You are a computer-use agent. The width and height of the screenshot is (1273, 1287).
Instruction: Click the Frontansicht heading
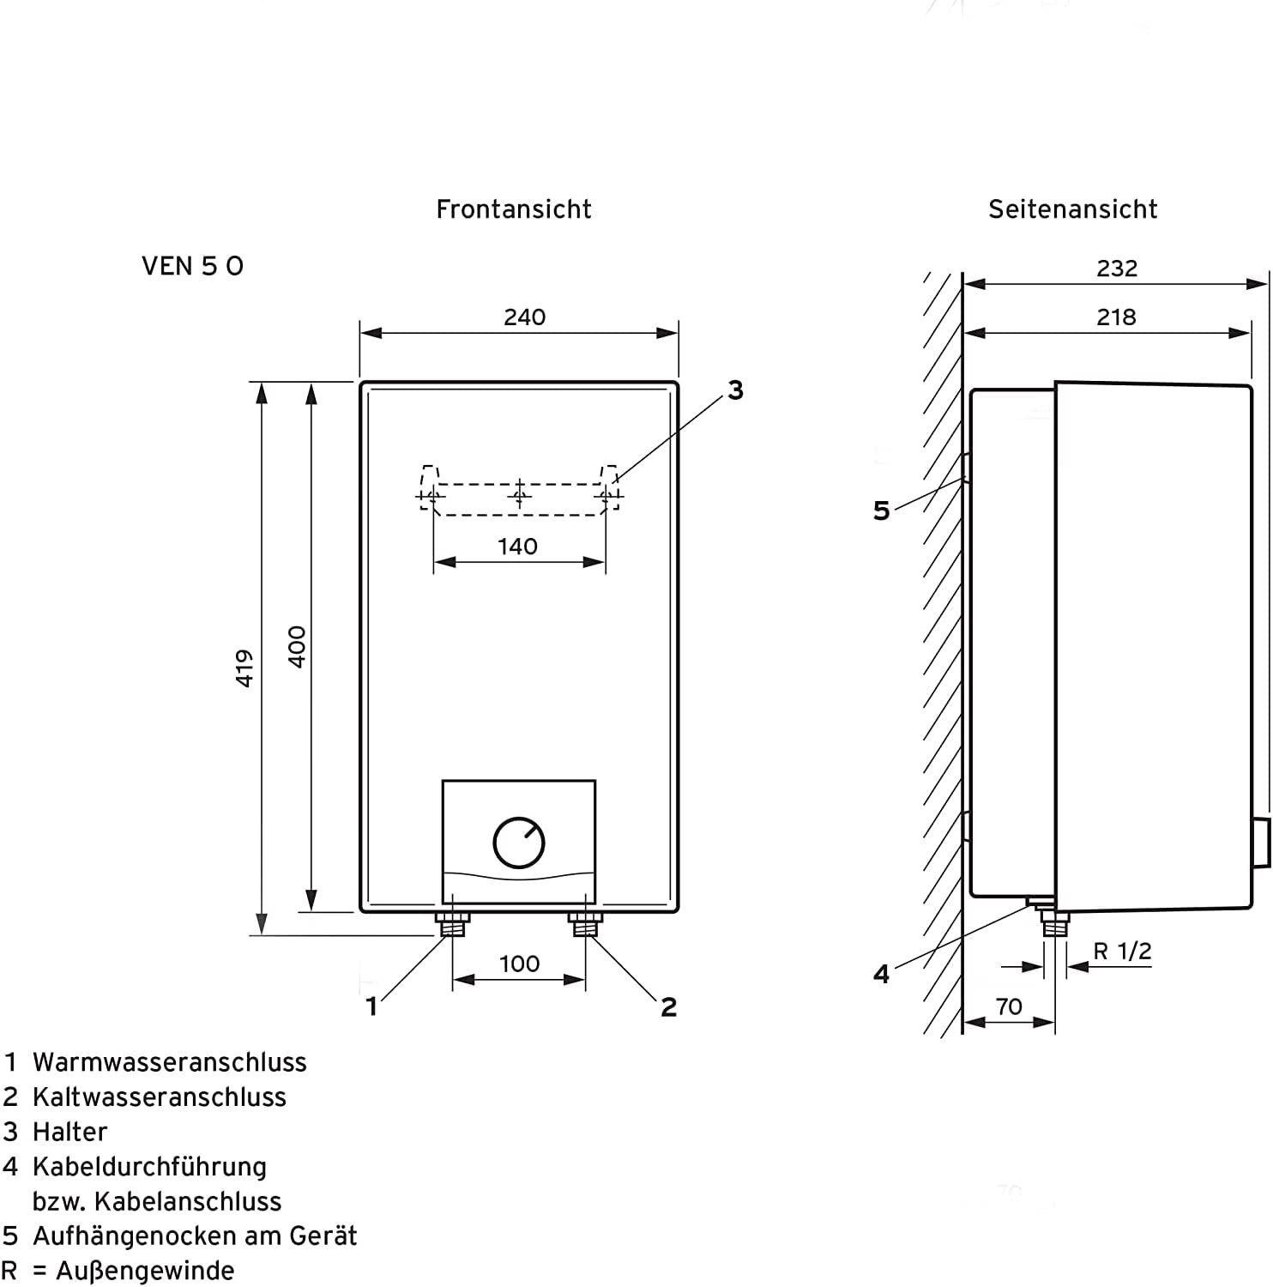[x=514, y=209]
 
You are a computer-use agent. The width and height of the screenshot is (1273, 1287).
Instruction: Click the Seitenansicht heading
[x=1072, y=209]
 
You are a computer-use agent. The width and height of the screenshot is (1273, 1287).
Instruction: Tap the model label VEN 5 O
[x=192, y=267]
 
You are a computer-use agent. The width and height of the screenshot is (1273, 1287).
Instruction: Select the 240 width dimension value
[x=524, y=317]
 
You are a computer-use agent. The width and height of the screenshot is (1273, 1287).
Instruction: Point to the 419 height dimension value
[x=245, y=668]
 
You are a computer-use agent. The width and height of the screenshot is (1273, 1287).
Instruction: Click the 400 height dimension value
[x=297, y=647]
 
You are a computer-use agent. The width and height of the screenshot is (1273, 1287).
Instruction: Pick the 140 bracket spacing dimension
[x=517, y=547]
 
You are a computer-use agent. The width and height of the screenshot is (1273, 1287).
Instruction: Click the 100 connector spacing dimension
[x=519, y=964]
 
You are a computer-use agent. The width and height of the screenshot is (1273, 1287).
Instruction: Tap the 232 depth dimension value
[x=1117, y=269]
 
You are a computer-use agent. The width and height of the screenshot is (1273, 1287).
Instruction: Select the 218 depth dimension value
[x=1116, y=317]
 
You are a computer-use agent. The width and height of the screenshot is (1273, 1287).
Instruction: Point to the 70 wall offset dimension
[x=1009, y=1006]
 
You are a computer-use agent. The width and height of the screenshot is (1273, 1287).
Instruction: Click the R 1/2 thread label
[x=1122, y=952]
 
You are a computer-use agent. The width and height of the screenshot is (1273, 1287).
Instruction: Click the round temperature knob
[x=519, y=843]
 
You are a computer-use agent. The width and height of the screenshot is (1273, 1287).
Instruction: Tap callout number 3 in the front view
[x=735, y=390]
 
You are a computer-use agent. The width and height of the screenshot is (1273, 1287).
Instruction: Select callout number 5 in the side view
[x=882, y=511]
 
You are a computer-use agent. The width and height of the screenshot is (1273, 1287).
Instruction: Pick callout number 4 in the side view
[x=882, y=975]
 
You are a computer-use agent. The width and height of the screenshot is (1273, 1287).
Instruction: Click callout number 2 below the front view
[x=669, y=1006]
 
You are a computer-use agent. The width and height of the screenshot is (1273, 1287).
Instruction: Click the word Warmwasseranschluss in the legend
[x=169, y=1062]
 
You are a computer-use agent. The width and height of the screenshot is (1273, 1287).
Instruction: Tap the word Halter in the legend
[x=69, y=1132]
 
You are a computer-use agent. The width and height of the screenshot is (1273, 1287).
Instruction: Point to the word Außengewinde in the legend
[x=145, y=1271]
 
